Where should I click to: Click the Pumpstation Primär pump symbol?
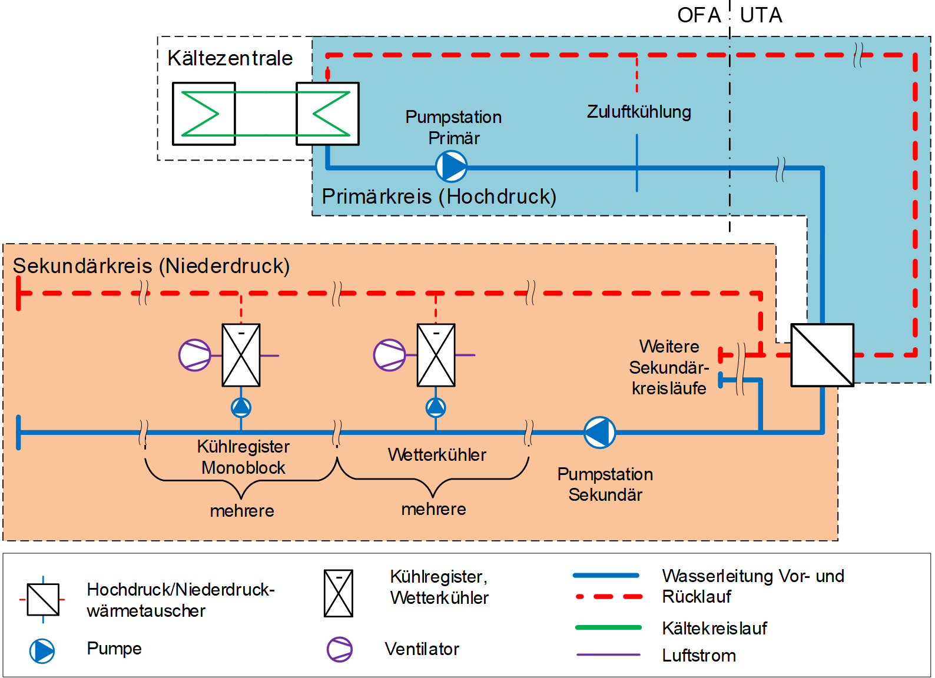[452, 167]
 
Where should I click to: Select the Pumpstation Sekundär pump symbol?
[599, 432]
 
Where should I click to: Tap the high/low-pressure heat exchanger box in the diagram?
[822, 355]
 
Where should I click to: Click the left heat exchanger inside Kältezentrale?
[204, 114]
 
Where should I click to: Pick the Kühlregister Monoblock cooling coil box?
[241, 355]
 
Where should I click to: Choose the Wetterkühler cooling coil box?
[436, 355]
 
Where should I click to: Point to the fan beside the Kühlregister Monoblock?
[195, 355]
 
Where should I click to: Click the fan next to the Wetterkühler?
[390, 355]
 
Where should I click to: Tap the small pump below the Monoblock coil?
[241, 407]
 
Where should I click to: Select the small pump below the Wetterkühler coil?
[436, 407]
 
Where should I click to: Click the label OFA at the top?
[699, 15]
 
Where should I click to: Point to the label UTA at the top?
[761, 15]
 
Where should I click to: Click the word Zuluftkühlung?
[639, 112]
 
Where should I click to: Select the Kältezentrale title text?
[230, 58]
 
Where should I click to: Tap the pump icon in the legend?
[42, 651]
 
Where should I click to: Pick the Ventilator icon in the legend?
[340, 649]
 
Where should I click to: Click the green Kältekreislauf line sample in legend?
[608, 627]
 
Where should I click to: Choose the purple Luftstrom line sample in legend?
[608, 654]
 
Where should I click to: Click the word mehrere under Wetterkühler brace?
[433, 509]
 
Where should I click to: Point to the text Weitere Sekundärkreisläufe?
[669, 367]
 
